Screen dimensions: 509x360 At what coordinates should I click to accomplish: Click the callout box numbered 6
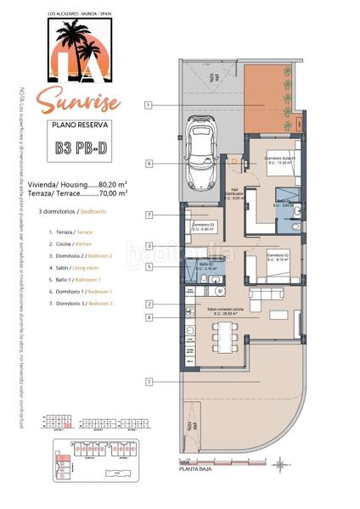[x=149, y=163]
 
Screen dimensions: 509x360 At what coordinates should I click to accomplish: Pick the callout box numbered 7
[x=149, y=215]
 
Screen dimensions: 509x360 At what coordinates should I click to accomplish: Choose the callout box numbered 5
[x=149, y=266]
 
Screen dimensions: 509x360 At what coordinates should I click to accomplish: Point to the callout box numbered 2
[x=149, y=303]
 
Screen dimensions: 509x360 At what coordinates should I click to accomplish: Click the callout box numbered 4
[x=149, y=317]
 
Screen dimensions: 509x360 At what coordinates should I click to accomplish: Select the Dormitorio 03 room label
[x=202, y=226]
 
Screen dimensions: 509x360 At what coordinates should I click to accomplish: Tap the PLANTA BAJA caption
[x=194, y=465]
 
